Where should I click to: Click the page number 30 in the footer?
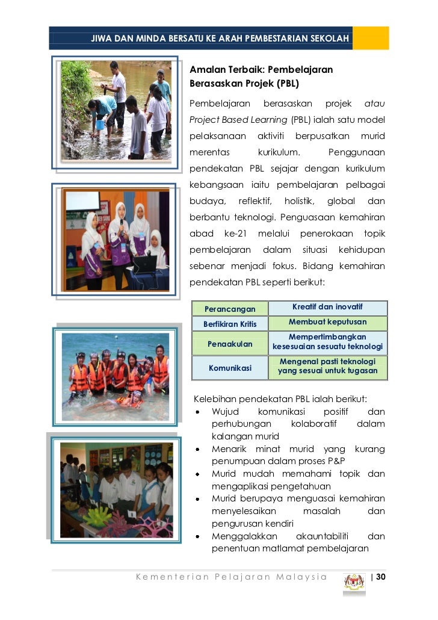point(380,577)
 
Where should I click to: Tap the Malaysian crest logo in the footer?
point(354,581)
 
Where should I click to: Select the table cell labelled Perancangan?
point(229,309)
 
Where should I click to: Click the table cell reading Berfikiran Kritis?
point(230,324)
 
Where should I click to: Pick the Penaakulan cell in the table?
point(230,344)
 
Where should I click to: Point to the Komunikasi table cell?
point(230,368)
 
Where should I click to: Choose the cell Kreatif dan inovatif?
point(327,307)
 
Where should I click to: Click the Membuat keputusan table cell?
point(327,323)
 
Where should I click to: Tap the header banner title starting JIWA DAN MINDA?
point(220,39)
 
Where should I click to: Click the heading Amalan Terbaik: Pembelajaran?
point(261,70)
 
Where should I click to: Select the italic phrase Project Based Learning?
point(238,120)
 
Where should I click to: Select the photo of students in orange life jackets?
point(116,376)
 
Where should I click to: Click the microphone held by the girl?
point(121,225)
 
